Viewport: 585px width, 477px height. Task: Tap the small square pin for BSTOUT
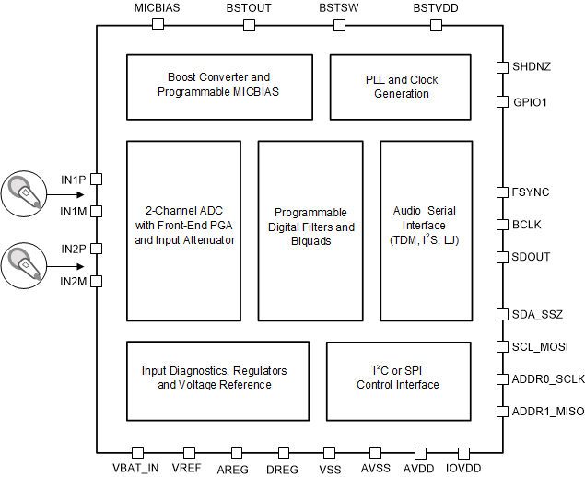(249, 25)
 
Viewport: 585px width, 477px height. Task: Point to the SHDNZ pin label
(531, 67)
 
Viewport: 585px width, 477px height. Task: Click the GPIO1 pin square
(502, 101)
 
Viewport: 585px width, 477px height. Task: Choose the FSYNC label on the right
(530, 192)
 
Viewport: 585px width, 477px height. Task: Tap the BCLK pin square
(502, 224)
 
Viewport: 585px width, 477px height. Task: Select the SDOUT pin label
(531, 257)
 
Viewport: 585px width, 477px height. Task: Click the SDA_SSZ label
(536, 314)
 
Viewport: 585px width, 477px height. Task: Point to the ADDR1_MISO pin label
(547, 411)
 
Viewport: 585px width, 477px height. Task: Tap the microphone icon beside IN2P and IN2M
(29, 264)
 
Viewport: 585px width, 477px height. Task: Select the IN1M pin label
(73, 213)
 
